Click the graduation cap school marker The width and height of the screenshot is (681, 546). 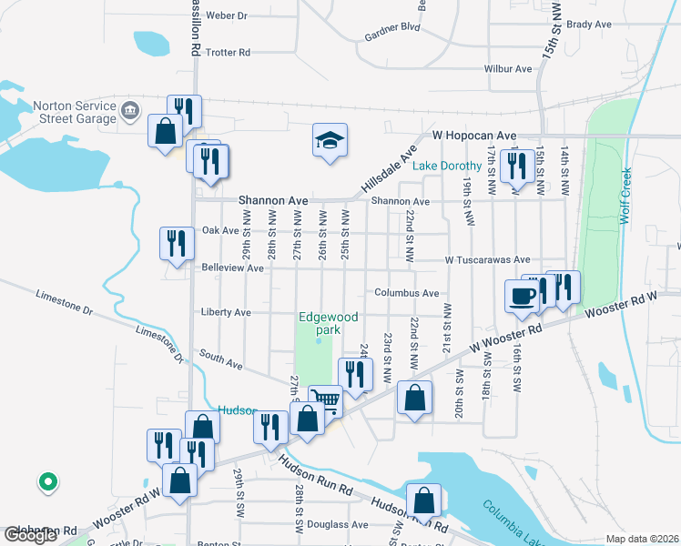(330, 141)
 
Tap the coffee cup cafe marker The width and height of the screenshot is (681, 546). (523, 296)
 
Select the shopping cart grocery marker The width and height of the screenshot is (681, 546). (325, 399)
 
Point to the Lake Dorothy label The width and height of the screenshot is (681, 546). (447, 167)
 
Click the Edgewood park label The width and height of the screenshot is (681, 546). (329, 324)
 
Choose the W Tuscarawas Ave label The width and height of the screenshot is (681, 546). (487, 260)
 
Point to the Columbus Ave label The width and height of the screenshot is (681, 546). (407, 294)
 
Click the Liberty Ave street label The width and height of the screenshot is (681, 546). (225, 312)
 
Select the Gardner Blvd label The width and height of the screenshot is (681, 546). (391, 27)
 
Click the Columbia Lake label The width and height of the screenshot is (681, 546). (516, 522)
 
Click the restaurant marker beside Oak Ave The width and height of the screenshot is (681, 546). (176, 243)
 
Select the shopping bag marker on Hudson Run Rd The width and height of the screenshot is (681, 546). (424, 500)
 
